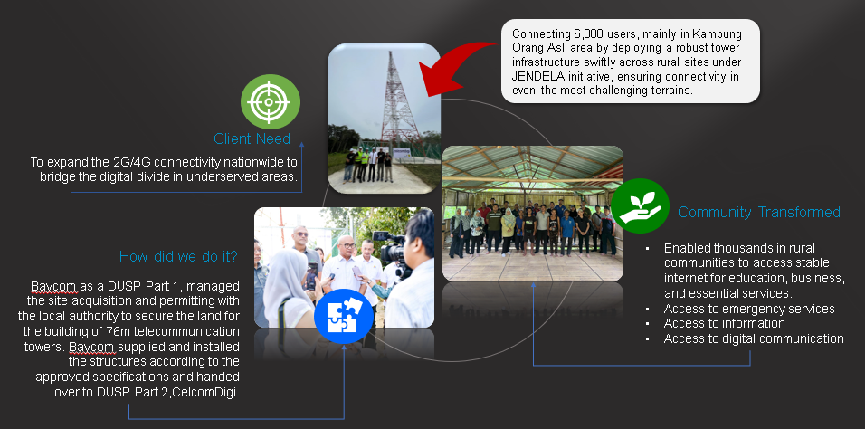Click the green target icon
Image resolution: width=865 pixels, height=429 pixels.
(x=271, y=101)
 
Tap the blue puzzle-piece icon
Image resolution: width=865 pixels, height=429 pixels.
(x=344, y=316)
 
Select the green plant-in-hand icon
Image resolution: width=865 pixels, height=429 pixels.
(x=640, y=205)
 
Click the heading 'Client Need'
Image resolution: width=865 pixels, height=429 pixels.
(x=252, y=138)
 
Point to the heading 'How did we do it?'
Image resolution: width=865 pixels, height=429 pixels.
(x=178, y=256)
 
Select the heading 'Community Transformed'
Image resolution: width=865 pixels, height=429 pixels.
(x=758, y=212)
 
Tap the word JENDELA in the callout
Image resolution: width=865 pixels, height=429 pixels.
(x=534, y=76)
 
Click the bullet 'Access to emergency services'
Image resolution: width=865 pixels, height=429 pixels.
(x=749, y=309)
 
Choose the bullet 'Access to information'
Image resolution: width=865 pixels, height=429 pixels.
(x=725, y=323)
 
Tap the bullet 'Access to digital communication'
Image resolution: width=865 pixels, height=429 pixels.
(x=754, y=338)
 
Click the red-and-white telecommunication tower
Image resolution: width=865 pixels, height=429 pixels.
(x=398, y=100)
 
